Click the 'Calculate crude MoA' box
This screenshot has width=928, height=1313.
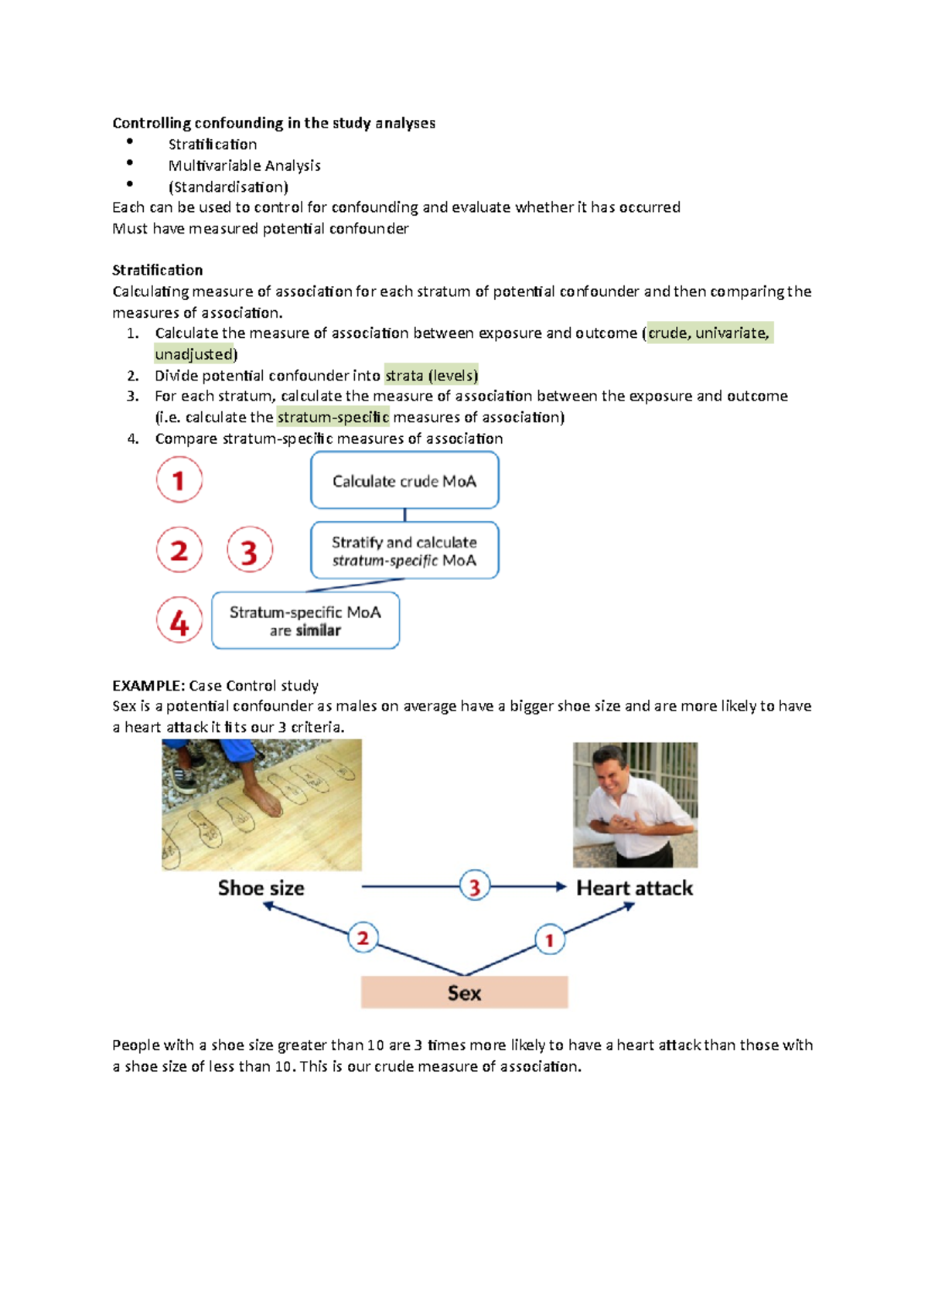coord(404,481)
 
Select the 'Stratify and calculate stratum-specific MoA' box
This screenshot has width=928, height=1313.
coord(404,551)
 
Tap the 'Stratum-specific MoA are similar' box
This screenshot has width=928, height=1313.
coord(305,620)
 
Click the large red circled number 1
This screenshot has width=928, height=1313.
coord(179,480)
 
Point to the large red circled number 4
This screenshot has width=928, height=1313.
coord(179,621)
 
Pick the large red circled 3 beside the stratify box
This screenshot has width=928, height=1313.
coord(249,551)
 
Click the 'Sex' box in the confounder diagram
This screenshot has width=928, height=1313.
coord(464,992)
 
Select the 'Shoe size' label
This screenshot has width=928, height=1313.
coord(261,888)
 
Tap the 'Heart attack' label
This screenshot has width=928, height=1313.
coord(634,888)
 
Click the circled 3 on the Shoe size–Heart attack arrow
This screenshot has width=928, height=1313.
coord(475,886)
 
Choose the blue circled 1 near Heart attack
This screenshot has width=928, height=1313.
coord(550,940)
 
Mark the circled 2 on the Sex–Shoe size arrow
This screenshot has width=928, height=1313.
coord(363,938)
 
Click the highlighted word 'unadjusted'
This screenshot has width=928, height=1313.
coord(194,354)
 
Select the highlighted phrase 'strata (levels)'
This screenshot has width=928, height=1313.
coord(432,376)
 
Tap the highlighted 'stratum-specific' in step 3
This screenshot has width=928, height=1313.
coord(333,418)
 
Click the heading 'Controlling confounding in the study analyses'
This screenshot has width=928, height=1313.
coord(274,123)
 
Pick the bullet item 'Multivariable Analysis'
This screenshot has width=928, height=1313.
coord(244,165)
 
